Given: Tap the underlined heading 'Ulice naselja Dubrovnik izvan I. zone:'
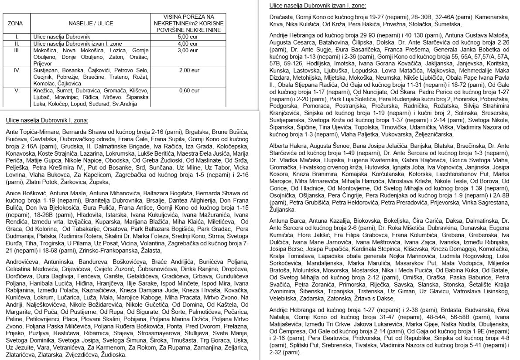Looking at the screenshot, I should coord(317,6).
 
